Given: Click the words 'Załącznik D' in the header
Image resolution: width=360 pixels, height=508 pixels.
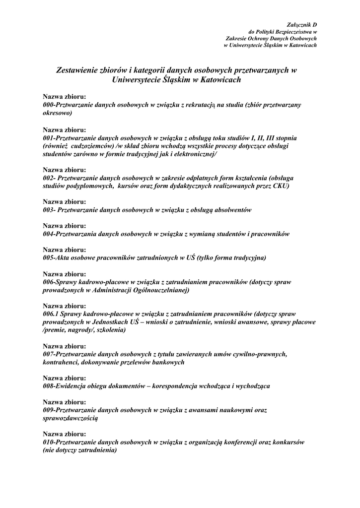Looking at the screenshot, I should click(x=302, y=24).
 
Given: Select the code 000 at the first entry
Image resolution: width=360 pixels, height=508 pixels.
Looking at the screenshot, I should click(x=48, y=105).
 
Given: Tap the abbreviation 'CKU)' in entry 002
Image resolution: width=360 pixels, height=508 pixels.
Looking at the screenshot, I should click(x=280, y=186).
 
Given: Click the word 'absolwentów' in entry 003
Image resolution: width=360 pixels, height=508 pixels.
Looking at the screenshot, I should click(x=233, y=210).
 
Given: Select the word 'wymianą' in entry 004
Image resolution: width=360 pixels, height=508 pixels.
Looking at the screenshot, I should click(x=208, y=234).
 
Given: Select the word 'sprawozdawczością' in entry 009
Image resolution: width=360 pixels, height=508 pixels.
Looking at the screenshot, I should click(x=71, y=418).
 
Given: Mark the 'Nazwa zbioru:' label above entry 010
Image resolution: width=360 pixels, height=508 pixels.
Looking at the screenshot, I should click(x=65, y=434).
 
